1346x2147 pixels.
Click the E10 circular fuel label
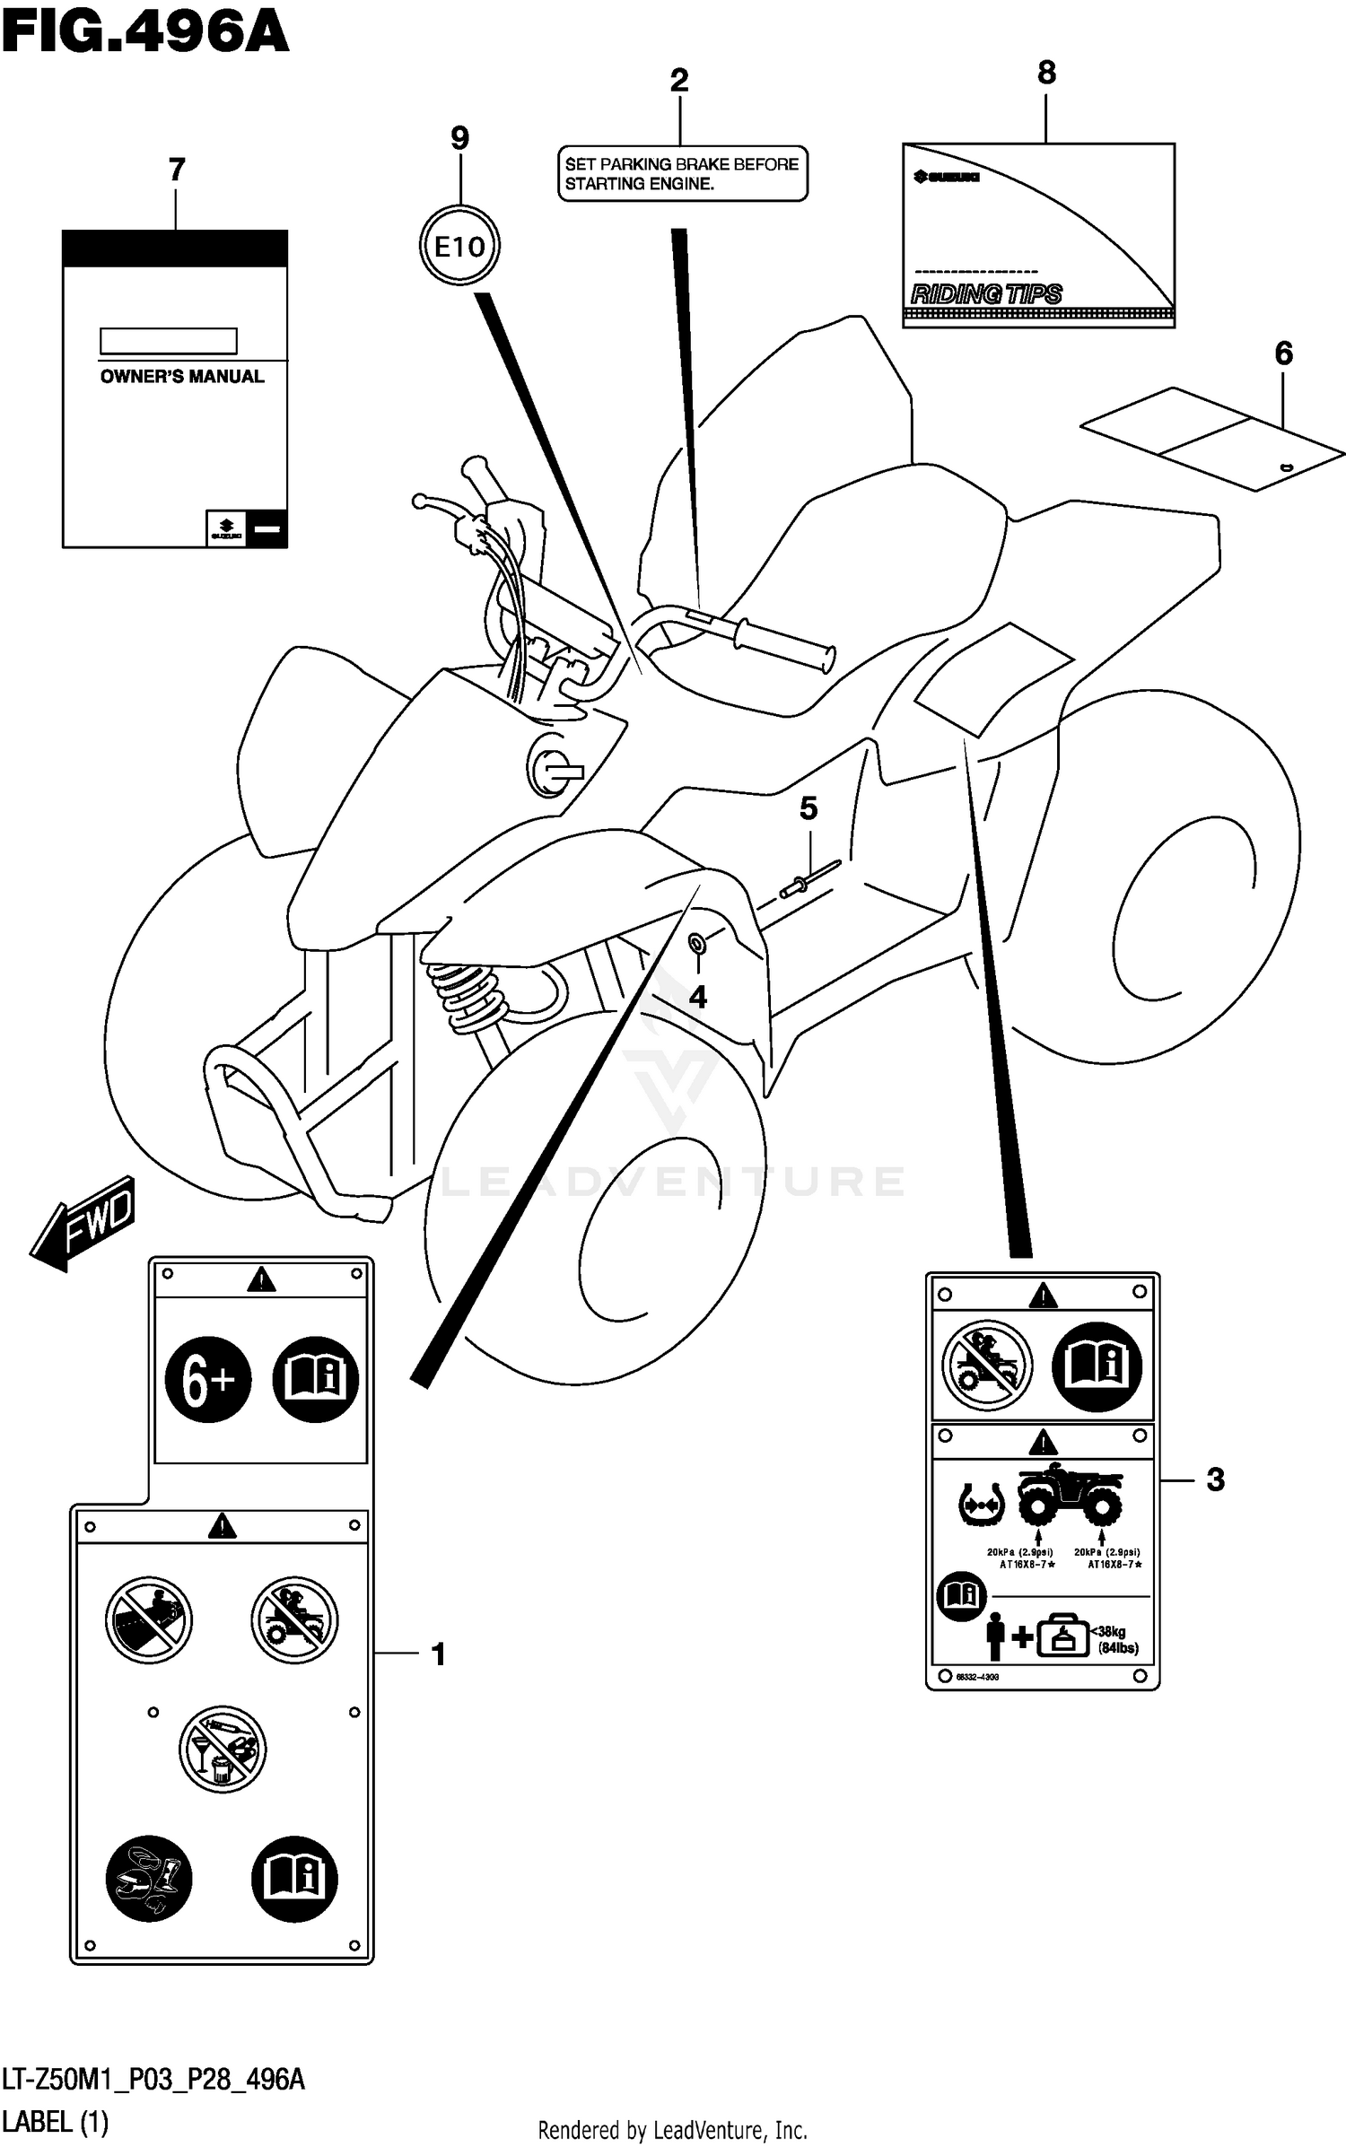click(459, 246)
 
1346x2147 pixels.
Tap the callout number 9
click(459, 138)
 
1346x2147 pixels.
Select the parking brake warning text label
click(682, 174)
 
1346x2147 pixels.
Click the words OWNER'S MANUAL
click(182, 377)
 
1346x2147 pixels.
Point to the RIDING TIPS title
click(986, 294)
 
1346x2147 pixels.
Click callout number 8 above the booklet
click(1046, 74)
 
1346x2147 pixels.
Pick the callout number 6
click(1283, 353)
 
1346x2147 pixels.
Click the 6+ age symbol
click(208, 1381)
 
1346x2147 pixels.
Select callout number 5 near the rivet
click(808, 808)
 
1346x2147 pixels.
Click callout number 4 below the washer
click(697, 997)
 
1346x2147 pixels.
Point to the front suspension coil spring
click(467, 996)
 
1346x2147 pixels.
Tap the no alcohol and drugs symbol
click(222, 1749)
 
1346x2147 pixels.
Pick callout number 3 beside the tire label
click(1215, 1479)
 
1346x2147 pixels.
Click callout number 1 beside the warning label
click(439, 1654)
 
